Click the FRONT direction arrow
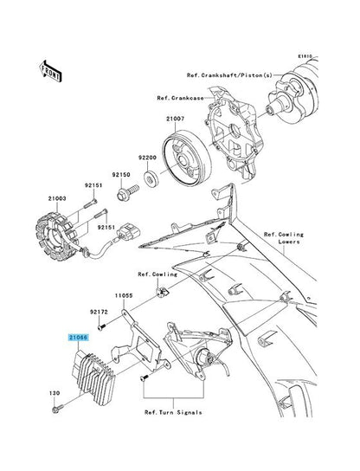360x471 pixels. pyautogui.click(x=50, y=71)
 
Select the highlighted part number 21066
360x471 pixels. pyautogui.click(x=78, y=338)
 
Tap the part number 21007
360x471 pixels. pyautogui.click(x=176, y=119)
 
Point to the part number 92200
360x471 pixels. pyautogui.click(x=147, y=158)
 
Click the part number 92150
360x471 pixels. pyautogui.click(x=121, y=175)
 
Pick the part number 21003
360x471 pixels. pyautogui.click(x=57, y=198)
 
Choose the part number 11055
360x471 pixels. pyautogui.click(x=124, y=295)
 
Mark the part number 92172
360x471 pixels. pyautogui.click(x=99, y=312)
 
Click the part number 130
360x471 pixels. pyautogui.click(x=55, y=393)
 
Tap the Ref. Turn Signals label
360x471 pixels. pyautogui.click(x=173, y=412)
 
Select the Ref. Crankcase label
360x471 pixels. pyautogui.click(x=181, y=98)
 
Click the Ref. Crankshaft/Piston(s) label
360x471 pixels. pyautogui.click(x=229, y=75)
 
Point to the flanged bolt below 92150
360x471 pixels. pyautogui.click(x=127, y=193)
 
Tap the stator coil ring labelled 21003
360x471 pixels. pyautogui.click(x=58, y=236)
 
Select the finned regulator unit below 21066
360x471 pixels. pyautogui.click(x=93, y=378)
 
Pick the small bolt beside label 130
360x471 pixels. pyautogui.click(x=58, y=409)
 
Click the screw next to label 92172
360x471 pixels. pyautogui.click(x=101, y=326)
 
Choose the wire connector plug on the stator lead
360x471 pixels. pyautogui.click(x=129, y=233)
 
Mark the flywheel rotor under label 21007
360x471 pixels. pyautogui.click(x=187, y=158)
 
